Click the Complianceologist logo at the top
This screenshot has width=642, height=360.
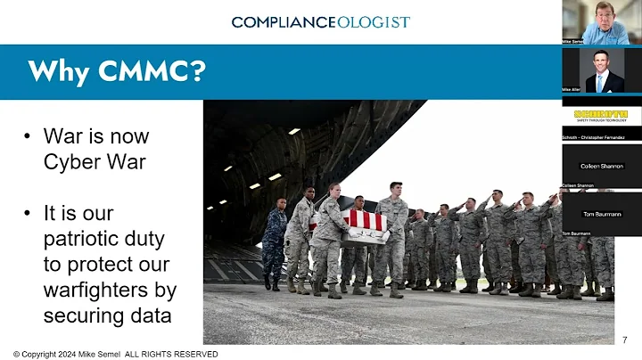pyautogui.click(x=321, y=21)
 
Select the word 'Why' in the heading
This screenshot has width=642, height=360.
pyautogui.click(x=60, y=72)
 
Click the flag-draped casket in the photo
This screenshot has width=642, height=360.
pyautogui.click(x=366, y=227)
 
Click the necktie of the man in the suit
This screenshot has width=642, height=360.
pyautogui.click(x=600, y=82)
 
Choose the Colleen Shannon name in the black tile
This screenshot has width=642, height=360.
pyautogui.click(x=601, y=166)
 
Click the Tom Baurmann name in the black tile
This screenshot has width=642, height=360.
pyautogui.click(x=601, y=214)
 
